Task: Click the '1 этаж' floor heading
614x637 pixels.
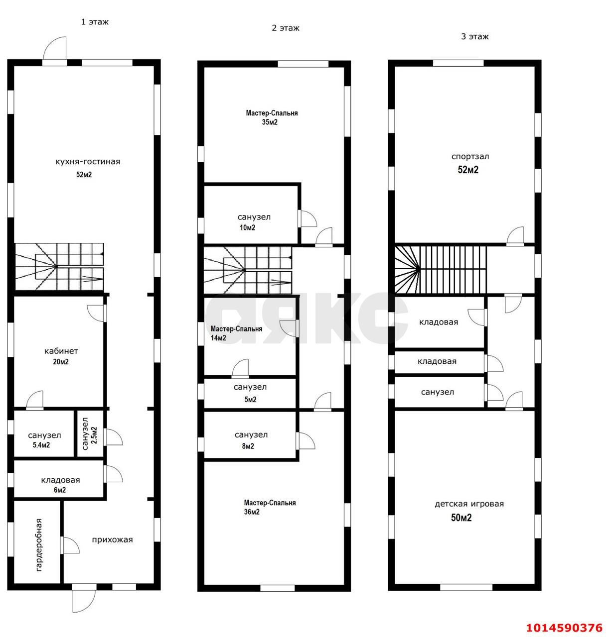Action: pyautogui.click(x=95, y=22)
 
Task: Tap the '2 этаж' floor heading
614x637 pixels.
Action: pyautogui.click(x=286, y=28)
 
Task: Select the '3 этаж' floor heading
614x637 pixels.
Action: pyautogui.click(x=474, y=37)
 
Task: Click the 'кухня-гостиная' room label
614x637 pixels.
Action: pyautogui.click(x=88, y=162)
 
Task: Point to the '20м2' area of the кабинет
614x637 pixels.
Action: pyautogui.click(x=61, y=362)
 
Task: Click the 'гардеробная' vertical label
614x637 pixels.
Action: pyautogui.click(x=39, y=545)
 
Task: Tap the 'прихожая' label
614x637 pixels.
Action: pyautogui.click(x=112, y=540)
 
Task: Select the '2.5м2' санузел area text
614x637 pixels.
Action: pyautogui.click(x=94, y=435)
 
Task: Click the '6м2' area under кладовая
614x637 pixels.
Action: pyautogui.click(x=60, y=490)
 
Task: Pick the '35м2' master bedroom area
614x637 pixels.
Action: pyautogui.click(x=270, y=122)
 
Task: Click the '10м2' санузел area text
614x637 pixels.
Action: pyautogui.click(x=248, y=227)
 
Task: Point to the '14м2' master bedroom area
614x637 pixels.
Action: pyautogui.click(x=218, y=338)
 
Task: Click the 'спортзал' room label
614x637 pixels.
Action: pyautogui.click(x=470, y=157)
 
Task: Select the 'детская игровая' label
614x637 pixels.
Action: pyautogui.click(x=469, y=504)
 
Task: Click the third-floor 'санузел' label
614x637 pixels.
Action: pyautogui.click(x=437, y=392)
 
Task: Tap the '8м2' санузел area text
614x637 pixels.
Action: pyautogui.click(x=248, y=446)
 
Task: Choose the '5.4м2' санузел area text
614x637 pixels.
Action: pyautogui.click(x=41, y=445)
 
